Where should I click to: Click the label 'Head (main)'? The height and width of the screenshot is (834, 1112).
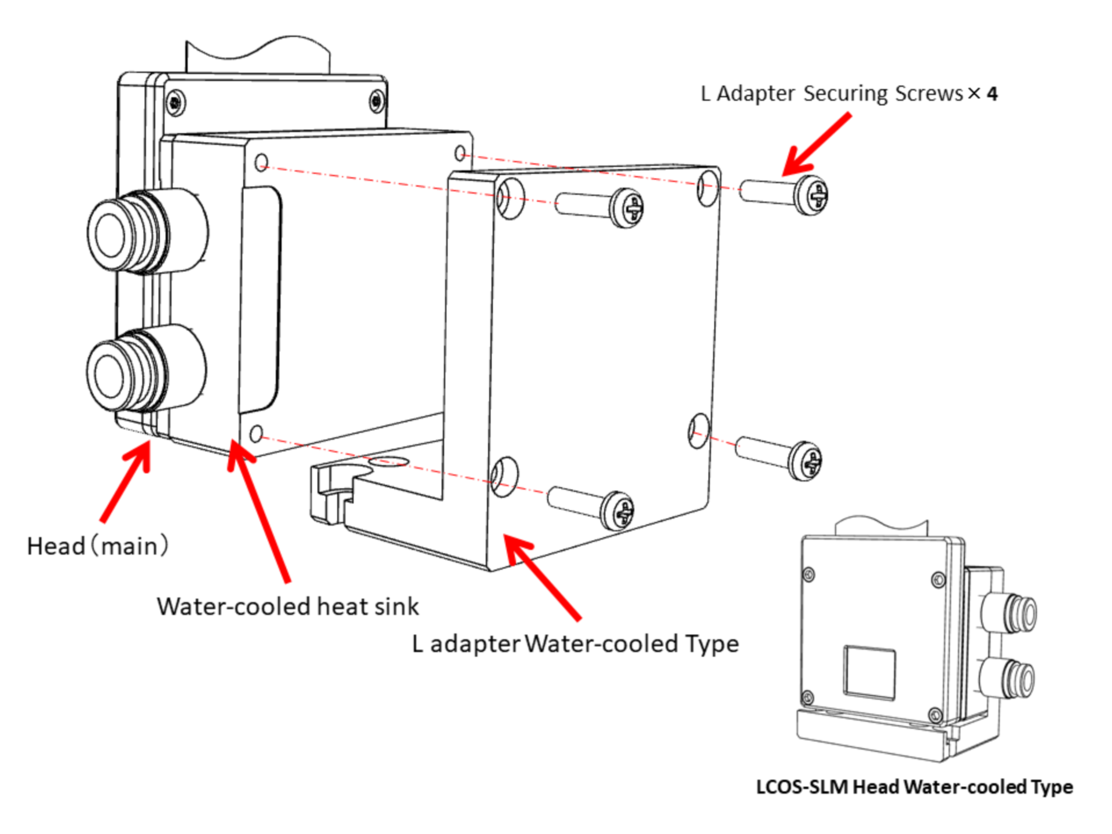click(97, 546)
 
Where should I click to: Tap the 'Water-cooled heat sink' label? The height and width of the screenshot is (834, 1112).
click(287, 606)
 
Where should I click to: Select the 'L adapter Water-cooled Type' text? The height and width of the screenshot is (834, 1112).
click(575, 643)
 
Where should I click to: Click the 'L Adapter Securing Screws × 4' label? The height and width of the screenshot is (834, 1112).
click(848, 93)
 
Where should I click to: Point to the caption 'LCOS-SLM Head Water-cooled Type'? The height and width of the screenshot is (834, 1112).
click(914, 787)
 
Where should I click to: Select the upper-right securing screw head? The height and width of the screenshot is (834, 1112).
click(813, 195)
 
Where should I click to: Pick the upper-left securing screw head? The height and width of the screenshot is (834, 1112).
click(627, 207)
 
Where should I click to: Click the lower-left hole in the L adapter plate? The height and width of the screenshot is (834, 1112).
click(504, 477)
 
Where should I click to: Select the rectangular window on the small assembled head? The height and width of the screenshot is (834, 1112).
click(869, 672)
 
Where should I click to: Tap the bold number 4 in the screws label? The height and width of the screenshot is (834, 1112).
click(992, 93)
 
